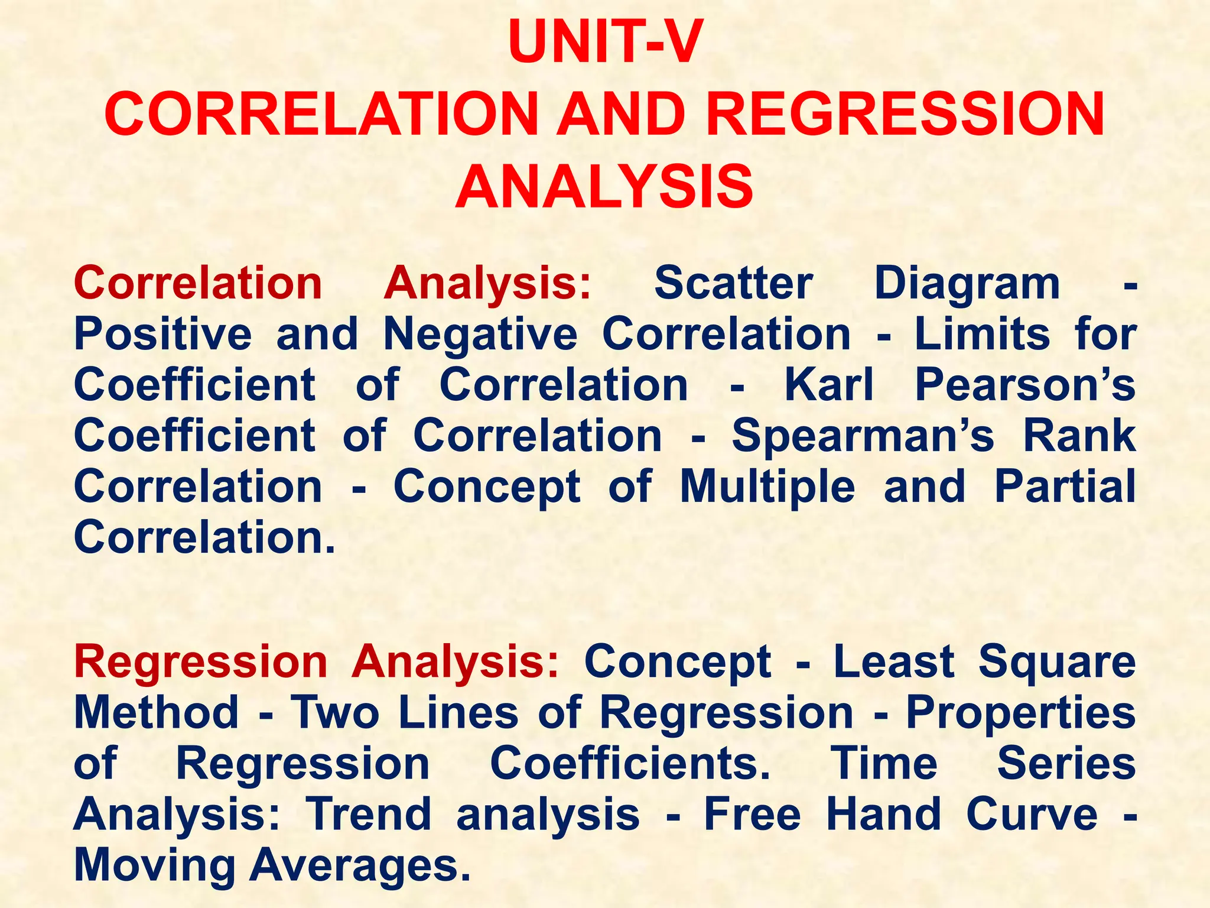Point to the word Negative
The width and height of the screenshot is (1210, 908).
click(x=480, y=334)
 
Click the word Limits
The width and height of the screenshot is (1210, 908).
click(x=982, y=334)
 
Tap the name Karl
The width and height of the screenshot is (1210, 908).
click(x=828, y=385)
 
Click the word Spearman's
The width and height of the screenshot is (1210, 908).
click(x=863, y=436)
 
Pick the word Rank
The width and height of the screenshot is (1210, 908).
click(x=1079, y=436)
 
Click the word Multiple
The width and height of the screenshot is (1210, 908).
click(x=767, y=487)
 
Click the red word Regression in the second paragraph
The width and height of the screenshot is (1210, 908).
click(x=200, y=661)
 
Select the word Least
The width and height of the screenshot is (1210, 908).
click(x=893, y=661)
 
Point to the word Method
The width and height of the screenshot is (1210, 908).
click(x=156, y=712)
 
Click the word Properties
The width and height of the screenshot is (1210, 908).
click(x=1020, y=712)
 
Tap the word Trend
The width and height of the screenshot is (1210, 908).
click(x=368, y=814)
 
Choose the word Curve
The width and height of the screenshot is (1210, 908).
click(x=1032, y=814)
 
